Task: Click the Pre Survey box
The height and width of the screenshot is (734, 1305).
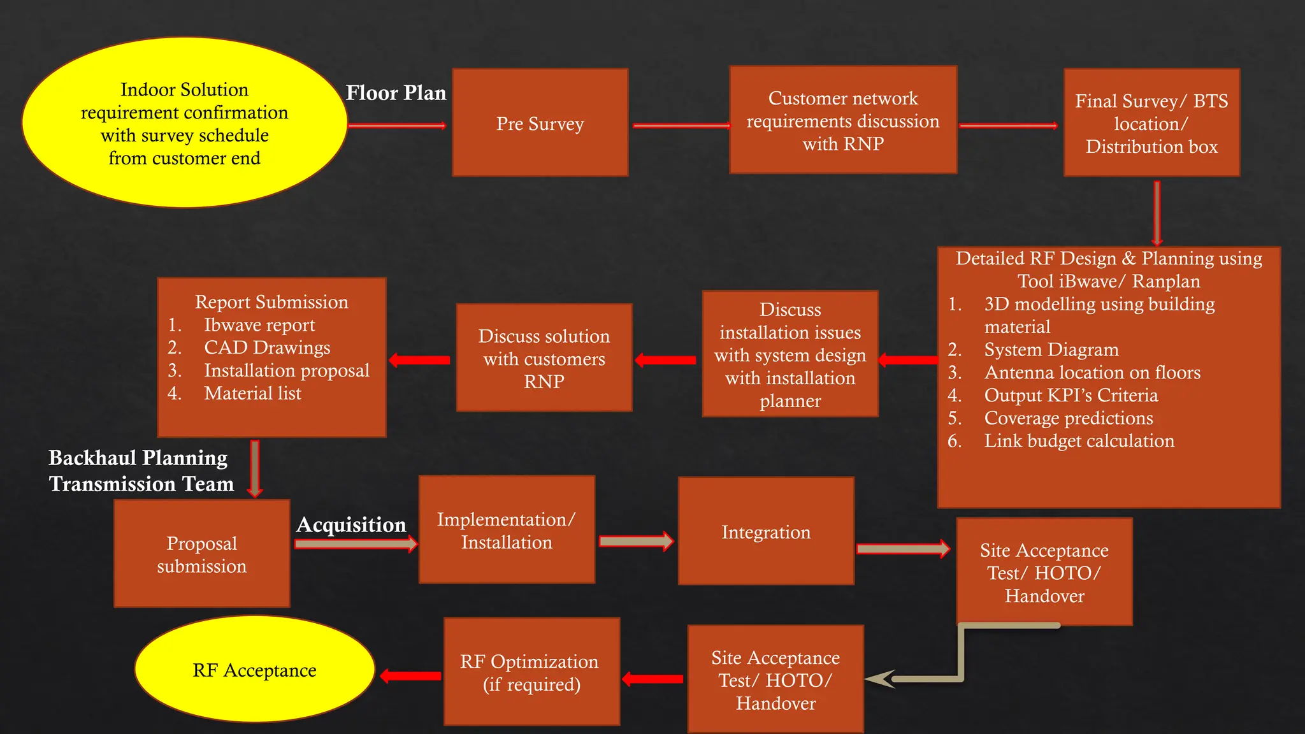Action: click(x=540, y=122)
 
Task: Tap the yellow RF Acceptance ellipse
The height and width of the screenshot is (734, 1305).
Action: click(x=254, y=670)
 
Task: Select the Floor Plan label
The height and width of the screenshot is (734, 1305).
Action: click(x=396, y=93)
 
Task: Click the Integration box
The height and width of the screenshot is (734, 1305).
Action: click(x=766, y=531)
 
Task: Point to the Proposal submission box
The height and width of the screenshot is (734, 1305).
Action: click(x=201, y=554)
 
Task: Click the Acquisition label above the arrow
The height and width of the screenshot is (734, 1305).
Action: click(x=351, y=524)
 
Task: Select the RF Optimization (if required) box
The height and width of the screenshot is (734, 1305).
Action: click(x=531, y=672)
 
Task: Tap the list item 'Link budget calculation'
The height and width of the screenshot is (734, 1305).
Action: click(x=1079, y=441)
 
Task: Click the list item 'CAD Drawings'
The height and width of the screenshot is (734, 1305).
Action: click(x=267, y=348)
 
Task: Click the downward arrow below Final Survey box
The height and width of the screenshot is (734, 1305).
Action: click(x=1157, y=213)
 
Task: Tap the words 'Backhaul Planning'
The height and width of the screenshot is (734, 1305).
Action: click(x=138, y=457)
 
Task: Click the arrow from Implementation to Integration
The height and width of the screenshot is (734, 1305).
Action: click(x=636, y=542)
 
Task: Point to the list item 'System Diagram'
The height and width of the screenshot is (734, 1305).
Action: click(x=1051, y=350)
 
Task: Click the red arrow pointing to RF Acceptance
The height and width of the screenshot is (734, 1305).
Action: click(x=410, y=676)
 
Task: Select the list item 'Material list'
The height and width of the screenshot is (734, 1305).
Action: click(x=252, y=394)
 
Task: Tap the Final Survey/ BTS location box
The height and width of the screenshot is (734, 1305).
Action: click(x=1151, y=123)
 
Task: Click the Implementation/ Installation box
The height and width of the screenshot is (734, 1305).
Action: click(x=507, y=530)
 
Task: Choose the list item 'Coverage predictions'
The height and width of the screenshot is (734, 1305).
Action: click(x=1068, y=418)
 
